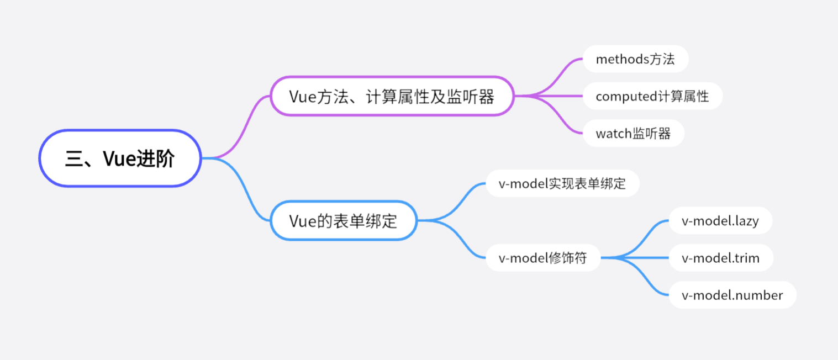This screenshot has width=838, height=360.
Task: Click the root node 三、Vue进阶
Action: coord(119,158)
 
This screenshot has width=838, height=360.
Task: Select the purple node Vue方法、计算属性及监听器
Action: coord(392,96)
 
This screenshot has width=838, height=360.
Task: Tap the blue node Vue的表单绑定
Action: coord(343,221)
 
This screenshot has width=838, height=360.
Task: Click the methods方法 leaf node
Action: coord(635,59)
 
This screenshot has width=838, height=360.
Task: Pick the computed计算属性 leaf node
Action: coord(652,97)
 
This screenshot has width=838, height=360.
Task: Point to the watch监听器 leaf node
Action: coord(633,134)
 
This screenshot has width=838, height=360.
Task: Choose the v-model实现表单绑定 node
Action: coord(562,184)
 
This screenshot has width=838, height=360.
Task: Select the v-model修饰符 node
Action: coord(542,258)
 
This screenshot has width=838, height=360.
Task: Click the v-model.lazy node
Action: coord(720,221)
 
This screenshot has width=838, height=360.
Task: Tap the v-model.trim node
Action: coord(720,258)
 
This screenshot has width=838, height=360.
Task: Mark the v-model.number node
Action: coord(732,295)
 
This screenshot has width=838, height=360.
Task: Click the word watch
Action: coord(613,134)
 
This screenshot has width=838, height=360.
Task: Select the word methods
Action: coord(616,59)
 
